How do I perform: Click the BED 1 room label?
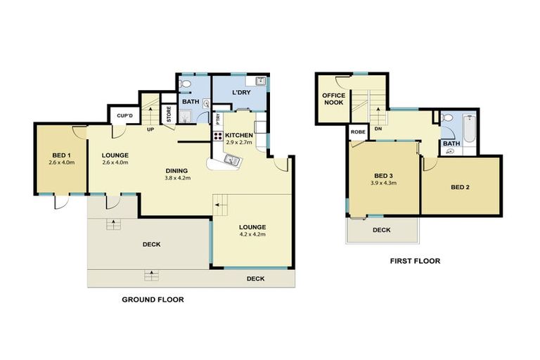(x=60, y=155)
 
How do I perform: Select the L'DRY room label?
(x=240, y=94)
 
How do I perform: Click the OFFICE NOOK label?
(x=333, y=99)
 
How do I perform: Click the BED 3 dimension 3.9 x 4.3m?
(x=384, y=183)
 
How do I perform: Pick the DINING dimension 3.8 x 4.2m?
(x=176, y=178)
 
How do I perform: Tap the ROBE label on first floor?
(x=356, y=131)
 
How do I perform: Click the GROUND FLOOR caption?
(x=153, y=299)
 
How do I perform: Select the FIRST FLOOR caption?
(x=415, y=261)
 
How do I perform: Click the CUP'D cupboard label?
(x=117, y=115)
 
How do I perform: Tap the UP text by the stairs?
(x=150, y=129)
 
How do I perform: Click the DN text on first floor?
(x=378, y=129)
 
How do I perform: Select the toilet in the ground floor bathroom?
(x=184, y=85)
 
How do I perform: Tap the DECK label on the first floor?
(x=381, y=230)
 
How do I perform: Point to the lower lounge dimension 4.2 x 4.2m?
(x=252, y=234)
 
